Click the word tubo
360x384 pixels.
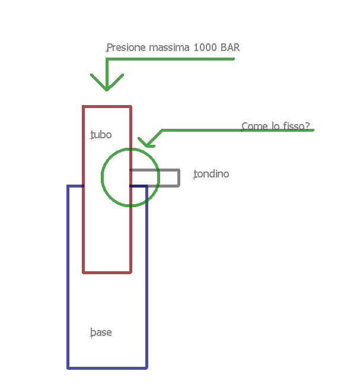coord(101,135)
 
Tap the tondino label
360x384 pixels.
coord(211,174)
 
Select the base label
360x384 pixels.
coord(101,332)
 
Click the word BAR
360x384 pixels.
coord(230,47)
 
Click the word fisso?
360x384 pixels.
coord(297,126)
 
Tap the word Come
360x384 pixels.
coord(253,126)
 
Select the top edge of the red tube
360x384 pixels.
coord(107,107)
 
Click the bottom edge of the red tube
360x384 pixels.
coord(107,272)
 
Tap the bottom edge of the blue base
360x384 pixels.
coord(107,368)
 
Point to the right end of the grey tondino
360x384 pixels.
coord(179,178)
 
